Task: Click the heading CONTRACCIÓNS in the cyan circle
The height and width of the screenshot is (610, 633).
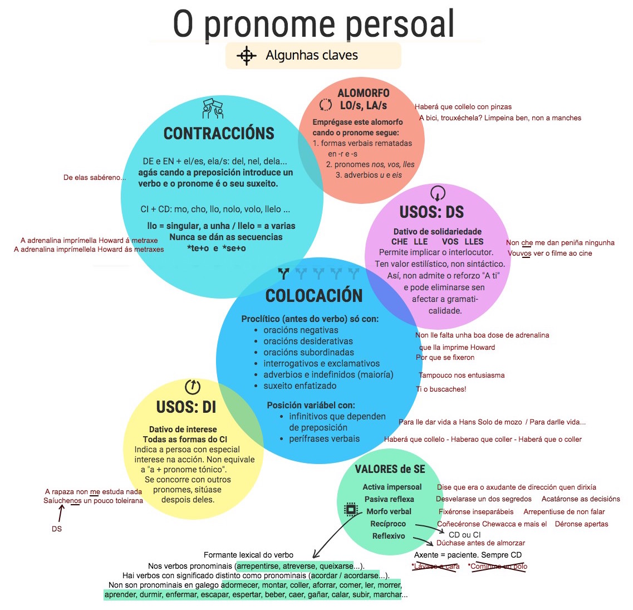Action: (x=219, y=134)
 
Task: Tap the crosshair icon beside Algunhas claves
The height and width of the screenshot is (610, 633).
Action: (x=246, y=56)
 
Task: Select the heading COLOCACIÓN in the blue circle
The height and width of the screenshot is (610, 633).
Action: (x=314, y=296)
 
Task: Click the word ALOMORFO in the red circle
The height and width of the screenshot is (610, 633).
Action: (x=364, y=93)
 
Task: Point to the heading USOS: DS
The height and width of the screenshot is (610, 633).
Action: (x=431, y=212)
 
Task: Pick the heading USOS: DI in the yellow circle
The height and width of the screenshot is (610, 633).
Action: (x=186, y=407)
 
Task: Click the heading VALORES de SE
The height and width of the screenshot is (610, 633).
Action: (x=390, y=469)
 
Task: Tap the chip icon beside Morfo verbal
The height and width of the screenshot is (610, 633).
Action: (x=351, y=509)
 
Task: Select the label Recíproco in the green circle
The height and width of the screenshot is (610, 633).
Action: (x=388, y=524)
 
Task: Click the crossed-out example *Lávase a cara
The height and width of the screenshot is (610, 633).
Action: (x=435, y=567)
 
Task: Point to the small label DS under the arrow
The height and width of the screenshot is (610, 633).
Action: (x=57, y=529)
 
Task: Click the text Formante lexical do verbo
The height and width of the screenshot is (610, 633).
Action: (x=248, y=555)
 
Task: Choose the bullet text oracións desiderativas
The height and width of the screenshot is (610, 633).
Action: (x=308, y=341)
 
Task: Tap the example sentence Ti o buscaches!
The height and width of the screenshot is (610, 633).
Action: (x=441, y=389)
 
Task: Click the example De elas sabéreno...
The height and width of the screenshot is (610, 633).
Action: (x=95, y=178)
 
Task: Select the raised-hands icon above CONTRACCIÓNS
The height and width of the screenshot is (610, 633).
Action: (x=213, y=109)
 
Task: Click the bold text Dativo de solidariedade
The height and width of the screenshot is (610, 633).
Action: (x=438, y=231)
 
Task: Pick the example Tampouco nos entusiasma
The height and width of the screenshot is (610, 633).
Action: (x=462, y=375)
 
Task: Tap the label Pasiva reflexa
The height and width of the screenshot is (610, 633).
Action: (x=389, y=499)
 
